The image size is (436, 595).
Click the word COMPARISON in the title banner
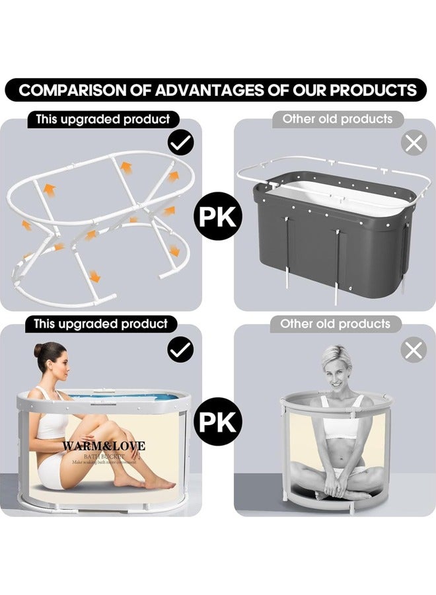[67, 90]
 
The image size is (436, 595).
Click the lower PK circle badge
[218, 421]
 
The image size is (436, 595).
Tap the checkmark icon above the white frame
[180, 142]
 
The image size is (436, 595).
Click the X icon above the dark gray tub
[414, 142]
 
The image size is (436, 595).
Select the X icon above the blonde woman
[414, 350]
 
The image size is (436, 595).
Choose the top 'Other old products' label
[338, 120]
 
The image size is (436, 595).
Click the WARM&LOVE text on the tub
[104, 446]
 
